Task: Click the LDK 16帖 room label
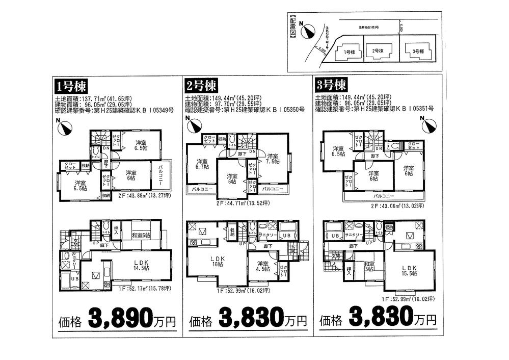(218, 262)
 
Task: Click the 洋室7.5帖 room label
(272, 159)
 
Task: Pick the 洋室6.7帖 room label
(200, 165)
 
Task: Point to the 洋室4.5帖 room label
(263, 267)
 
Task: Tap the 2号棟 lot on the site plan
(377, 52)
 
